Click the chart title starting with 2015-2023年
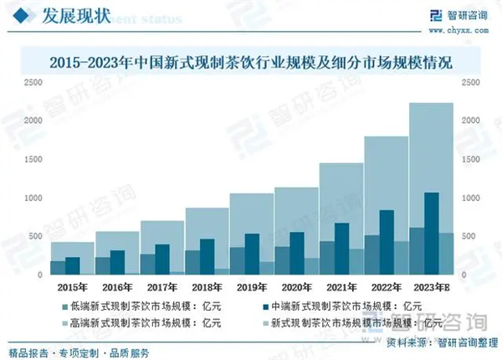click(x=251, y=62)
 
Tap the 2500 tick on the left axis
click(x=33, y=82)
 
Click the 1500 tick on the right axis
click(x=471, y=159)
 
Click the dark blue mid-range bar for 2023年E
click(x=432, y=234)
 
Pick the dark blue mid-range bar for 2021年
click(x=341, y=249)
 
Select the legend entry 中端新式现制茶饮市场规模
click(x=351, y=306)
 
